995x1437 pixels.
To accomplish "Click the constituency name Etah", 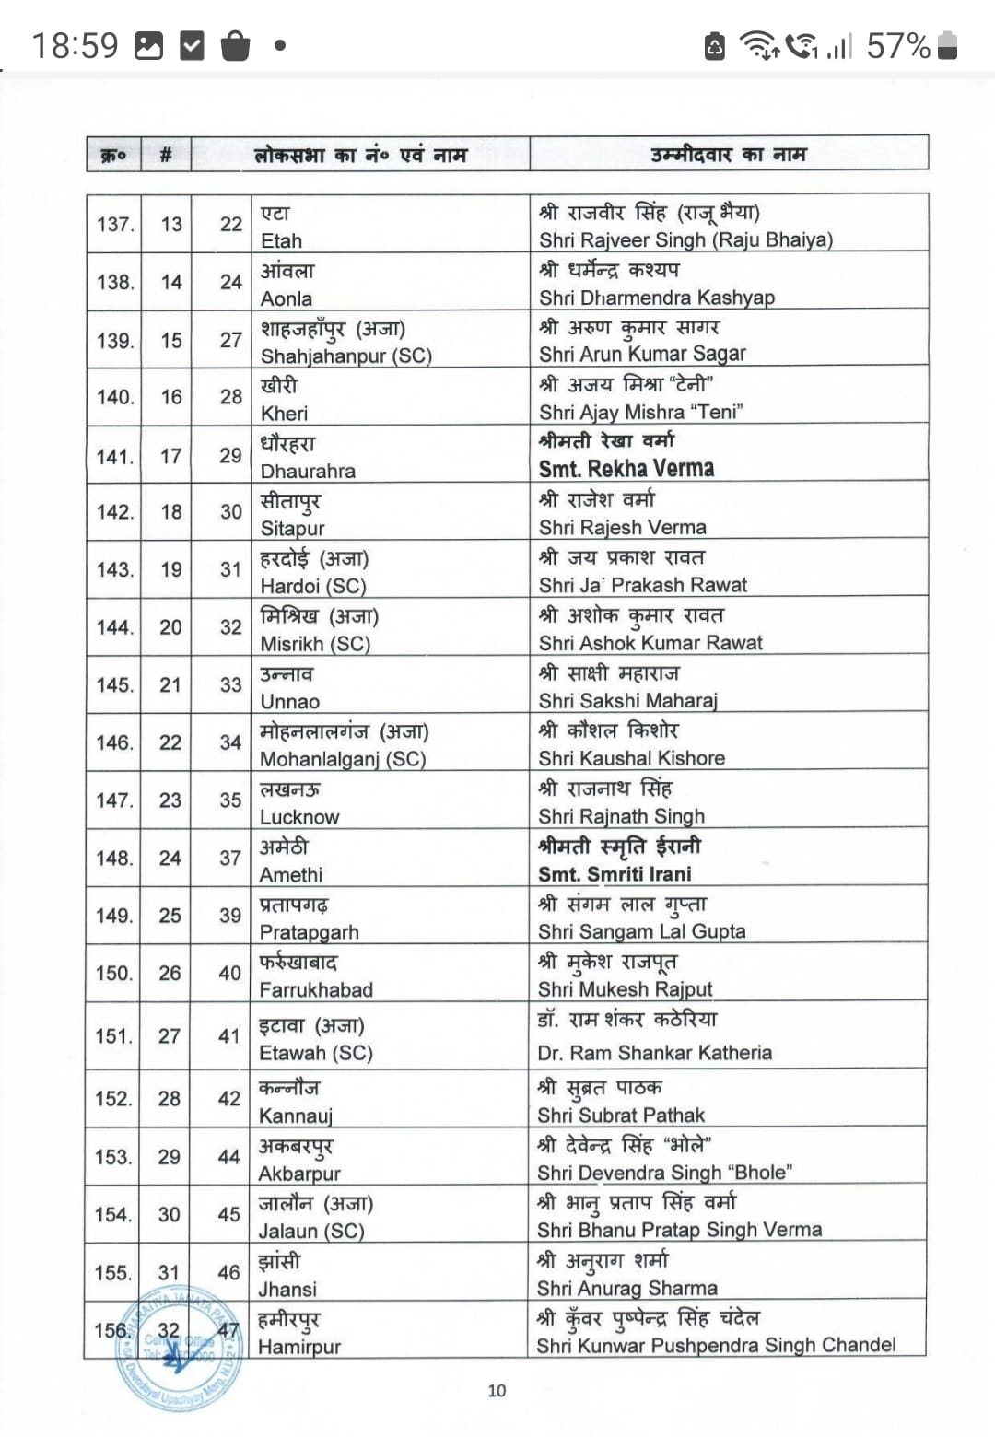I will point(281,240).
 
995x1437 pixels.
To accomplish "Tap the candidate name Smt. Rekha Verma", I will point(626,469).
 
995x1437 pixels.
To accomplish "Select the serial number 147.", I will point(114,800).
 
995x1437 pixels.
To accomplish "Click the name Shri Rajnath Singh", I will point(621,816).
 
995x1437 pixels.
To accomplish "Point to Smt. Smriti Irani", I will point(615,873).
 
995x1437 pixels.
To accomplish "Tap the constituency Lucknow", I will point(299,817).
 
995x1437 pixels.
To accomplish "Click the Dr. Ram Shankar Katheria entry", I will point(654,1052).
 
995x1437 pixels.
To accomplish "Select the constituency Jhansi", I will point(287,1289).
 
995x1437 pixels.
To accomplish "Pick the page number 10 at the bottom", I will point(497,1390).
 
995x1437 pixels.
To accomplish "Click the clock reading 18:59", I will point(76,45).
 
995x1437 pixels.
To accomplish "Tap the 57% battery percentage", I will point(898,45).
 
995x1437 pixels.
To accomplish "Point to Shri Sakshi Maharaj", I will point(627,701).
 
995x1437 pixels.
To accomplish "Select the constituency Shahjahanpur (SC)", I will point(345,356).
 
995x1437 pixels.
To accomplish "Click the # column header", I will point(166,155).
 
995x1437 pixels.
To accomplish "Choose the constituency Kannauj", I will point(295,1116).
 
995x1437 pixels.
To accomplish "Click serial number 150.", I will point(114,973).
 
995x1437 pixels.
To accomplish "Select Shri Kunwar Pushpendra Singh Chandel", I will point(716,1345).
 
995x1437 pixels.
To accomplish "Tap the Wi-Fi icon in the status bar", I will point(759,44).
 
